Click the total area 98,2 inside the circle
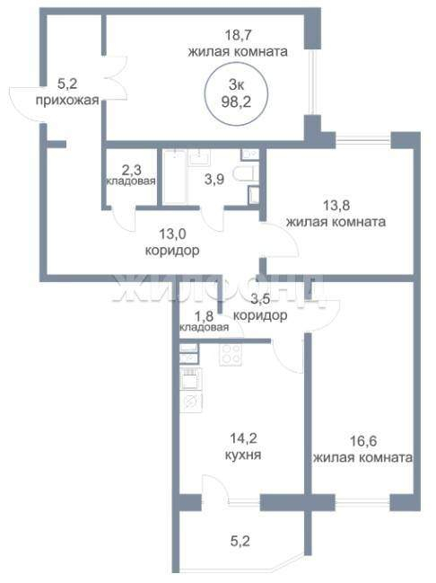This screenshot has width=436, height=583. click(236, 102)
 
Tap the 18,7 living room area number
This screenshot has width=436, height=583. click(239, 35)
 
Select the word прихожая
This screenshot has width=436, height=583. click(67, 101)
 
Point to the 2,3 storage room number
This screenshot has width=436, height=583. click(131, 170)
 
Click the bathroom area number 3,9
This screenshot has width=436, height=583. click(214, 180)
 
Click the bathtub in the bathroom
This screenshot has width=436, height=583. click(175, 177)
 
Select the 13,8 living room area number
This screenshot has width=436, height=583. click(336, 205)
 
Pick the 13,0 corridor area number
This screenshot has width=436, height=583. click(172, 234)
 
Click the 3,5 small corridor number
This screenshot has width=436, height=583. click(260, 299)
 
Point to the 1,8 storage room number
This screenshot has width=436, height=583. click(204, 316)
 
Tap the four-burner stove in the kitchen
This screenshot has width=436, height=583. click(231, 354)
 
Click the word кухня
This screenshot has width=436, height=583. click(243, 455)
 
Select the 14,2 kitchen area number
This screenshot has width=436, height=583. click(243, 438)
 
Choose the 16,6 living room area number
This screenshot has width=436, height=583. click(363, 441)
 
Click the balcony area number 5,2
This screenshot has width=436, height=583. click(240, 541)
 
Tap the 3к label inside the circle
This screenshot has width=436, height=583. click(236, 85)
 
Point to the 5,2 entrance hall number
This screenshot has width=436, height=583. click(67, 84)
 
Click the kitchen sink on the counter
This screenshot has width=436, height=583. click(191, 402)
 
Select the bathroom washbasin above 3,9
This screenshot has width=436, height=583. click(199, 157)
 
